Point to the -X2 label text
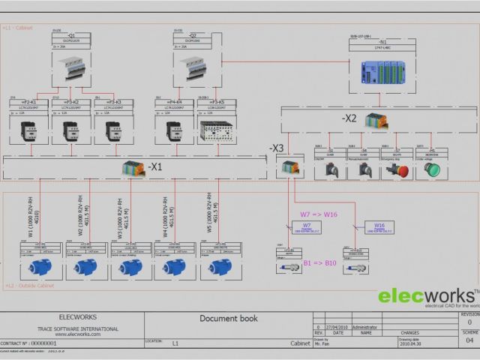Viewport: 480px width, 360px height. tap(349, 118)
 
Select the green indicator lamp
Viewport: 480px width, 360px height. tap(433, 169)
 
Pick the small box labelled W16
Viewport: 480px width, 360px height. tap(379, 226)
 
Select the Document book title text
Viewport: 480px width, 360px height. tap(228, 319)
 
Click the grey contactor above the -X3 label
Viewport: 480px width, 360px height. tap(217, 130)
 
